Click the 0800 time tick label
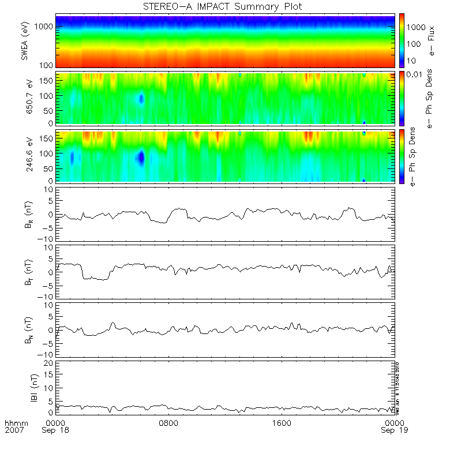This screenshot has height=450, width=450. click(169, 423)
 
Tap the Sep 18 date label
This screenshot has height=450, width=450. click(58, 431)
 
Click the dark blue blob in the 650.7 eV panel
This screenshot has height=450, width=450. click(141, 99)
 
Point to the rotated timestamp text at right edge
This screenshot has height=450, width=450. click(397, 387)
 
